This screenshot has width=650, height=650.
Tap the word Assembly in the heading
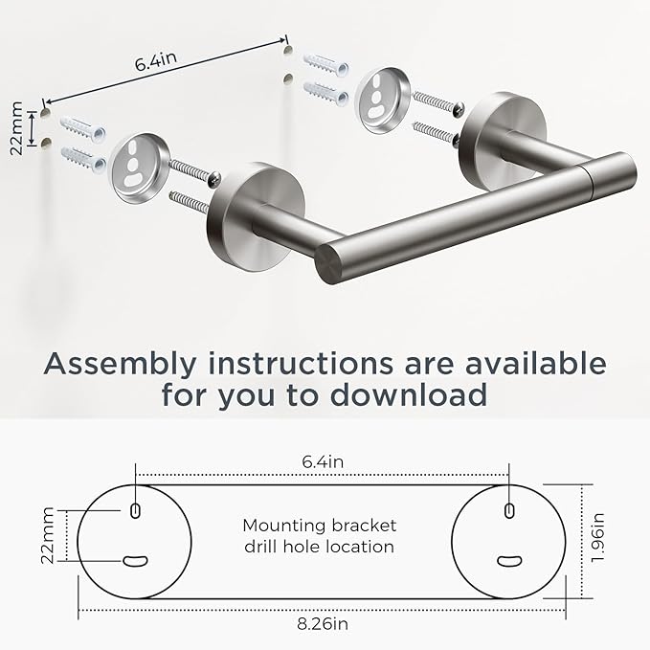122,364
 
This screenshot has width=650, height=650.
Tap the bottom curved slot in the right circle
508,561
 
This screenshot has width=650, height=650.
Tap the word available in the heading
526,364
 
